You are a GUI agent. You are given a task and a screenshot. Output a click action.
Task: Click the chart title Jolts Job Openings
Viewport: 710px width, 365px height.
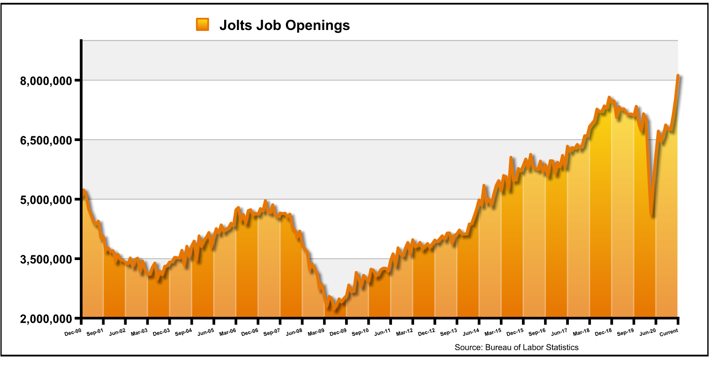pos(284,25)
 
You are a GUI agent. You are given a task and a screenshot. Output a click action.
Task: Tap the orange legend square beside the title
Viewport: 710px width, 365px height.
pos(202,24)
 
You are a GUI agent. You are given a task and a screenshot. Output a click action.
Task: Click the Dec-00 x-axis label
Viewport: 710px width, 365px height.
pos(73,332)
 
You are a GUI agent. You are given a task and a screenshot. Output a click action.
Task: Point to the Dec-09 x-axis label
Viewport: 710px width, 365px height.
pos(338,332)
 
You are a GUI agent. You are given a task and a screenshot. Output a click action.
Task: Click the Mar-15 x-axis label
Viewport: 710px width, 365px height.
pos(493,332)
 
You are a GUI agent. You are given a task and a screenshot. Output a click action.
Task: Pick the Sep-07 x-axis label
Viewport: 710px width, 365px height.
pos(272,332)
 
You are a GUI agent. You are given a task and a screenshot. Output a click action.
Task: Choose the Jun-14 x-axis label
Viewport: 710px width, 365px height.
pos(471,332)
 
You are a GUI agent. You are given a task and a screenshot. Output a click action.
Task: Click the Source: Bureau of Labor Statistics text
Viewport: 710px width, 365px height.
pos(516,347)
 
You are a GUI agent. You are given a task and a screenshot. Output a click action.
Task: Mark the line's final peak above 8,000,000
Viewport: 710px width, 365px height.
pos(678,75)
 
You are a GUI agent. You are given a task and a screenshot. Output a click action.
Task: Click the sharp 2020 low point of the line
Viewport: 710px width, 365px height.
pos(652,215)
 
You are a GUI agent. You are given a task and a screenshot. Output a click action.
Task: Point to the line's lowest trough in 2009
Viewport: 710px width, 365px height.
pos(335,309)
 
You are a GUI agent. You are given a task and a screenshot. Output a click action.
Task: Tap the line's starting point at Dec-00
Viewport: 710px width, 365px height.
pos(83,190)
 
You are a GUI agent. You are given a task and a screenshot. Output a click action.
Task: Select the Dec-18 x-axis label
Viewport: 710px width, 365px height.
pos(604,332)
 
